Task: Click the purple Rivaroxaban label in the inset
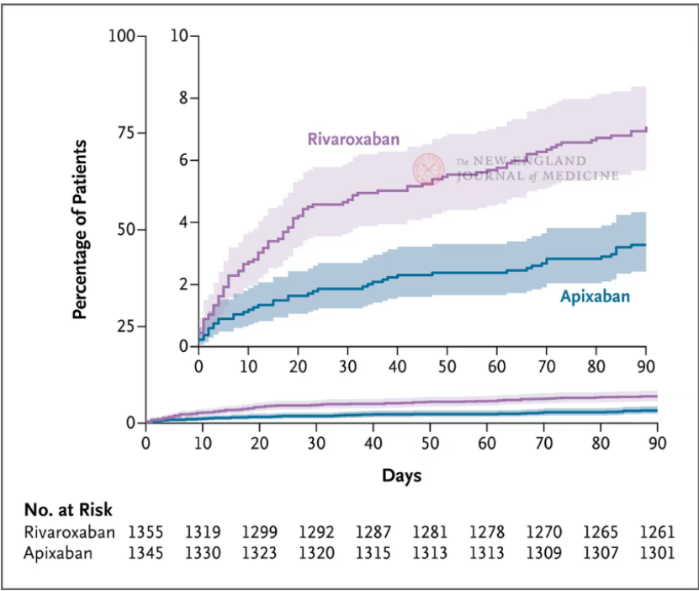point(353,139)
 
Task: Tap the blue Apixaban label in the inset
point(595,295)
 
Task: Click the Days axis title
point(401,476)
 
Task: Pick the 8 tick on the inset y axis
point(182,98)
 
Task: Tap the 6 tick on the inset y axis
point(182,160)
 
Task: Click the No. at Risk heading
point(67,509)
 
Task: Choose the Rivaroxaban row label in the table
point(69,533)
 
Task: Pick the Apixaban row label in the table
point(57,553)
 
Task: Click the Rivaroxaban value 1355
point(146,533)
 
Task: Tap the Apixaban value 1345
point(146,553)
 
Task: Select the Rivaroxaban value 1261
point(657,533)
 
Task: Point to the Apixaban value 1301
point(657,553)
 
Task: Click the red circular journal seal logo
point(429,169)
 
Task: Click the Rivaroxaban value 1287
point(373,533)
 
